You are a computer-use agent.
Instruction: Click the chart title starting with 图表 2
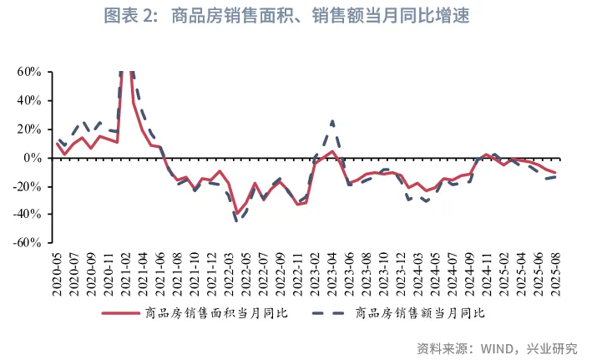click(x=298, y=15)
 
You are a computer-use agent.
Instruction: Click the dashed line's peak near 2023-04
click(x=332, y=122)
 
